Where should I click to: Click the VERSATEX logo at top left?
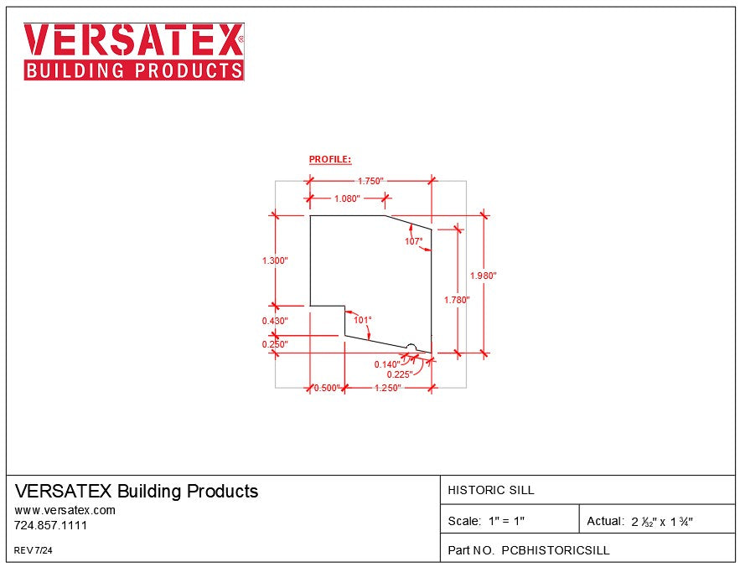tap(134, 51)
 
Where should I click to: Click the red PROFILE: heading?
tap(330, 159)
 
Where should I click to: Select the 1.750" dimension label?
tap(370, 181)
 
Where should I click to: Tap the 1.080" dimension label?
tap(346, 198)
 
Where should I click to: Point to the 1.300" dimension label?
tap(275, 260)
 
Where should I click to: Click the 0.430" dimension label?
tap(275, 321)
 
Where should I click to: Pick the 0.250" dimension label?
tap(275, 343)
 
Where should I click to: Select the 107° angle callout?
tap(414, 241)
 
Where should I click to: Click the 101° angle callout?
tap(362, 319)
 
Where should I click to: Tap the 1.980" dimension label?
tap(484, 276)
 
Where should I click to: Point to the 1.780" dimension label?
tap(457, 299)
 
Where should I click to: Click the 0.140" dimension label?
tap(387, 363)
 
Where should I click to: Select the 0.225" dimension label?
tap(399, 374)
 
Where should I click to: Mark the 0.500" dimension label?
tap(326, 388)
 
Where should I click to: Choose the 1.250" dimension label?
tap(388, 388)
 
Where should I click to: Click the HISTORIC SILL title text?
tap(491, 490)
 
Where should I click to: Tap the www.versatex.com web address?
tap(65, 509)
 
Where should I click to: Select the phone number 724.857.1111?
tap(51, 525)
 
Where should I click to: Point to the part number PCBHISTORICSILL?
tap(555, 550)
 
